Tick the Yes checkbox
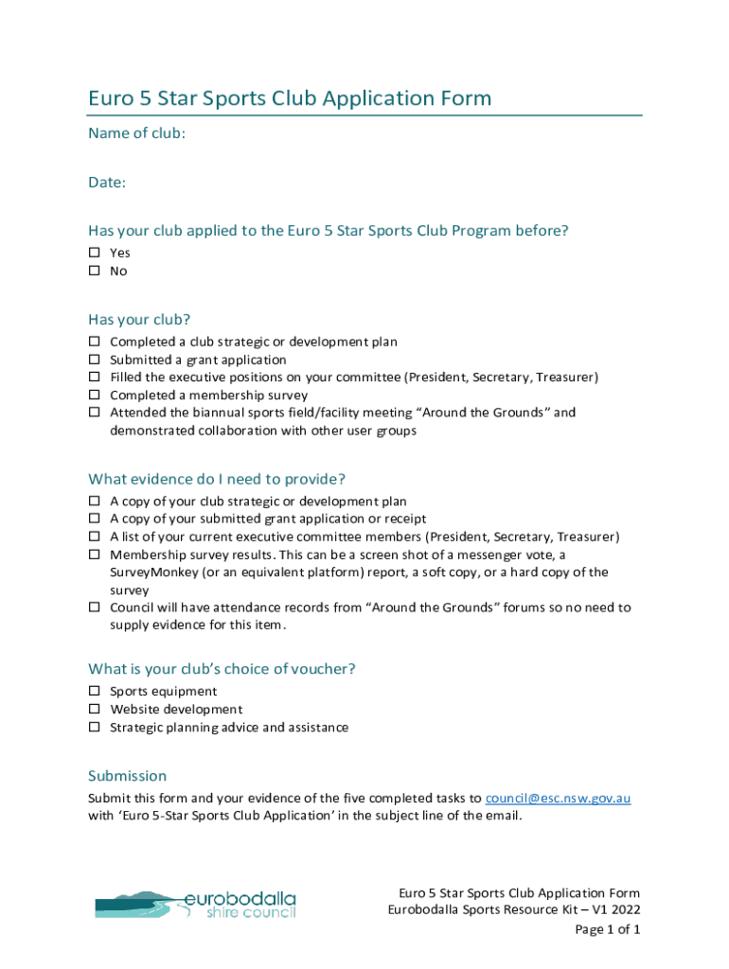point(95,253)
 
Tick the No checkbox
point(95,271)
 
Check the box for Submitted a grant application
point(95,360)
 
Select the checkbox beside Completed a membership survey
point(95,395)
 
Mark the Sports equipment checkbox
point(95,692)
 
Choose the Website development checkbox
point(95,709)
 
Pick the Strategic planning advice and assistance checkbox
point(95,727)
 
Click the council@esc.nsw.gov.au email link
point(558,798)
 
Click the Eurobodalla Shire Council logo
point(195,904)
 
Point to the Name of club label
point(136,133)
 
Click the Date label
point(107,182)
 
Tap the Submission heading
point(127,775)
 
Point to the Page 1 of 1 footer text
point(608,929)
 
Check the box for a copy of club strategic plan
point(95,502)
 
